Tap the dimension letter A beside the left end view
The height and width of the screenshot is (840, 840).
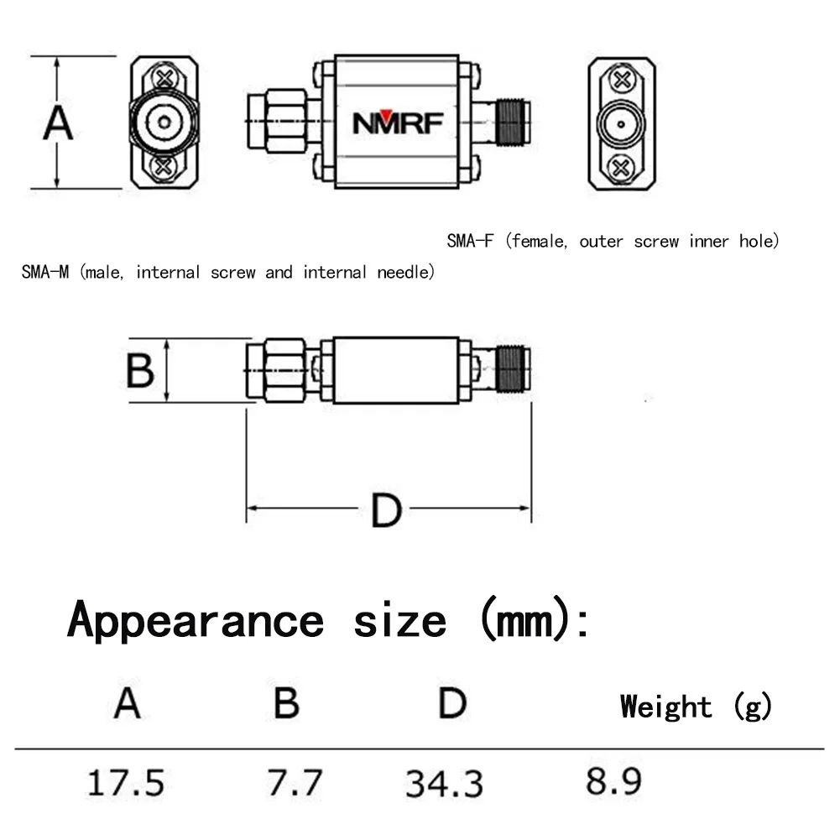(58, 124)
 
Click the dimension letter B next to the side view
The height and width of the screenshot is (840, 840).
(140, 370)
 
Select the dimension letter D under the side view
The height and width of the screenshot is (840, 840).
(387, 511)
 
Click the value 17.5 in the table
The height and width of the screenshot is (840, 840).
(127, 783)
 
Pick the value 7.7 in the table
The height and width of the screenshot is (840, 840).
(295, 783)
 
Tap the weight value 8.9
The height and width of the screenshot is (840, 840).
(613, 782)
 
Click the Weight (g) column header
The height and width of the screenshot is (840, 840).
(696, 707)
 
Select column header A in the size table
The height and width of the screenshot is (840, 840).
(127, 703)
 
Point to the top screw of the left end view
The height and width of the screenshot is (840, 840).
(166, 79)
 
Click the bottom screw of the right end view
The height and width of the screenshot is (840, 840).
(621, 167)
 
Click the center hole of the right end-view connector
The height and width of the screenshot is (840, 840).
(621, 124)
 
